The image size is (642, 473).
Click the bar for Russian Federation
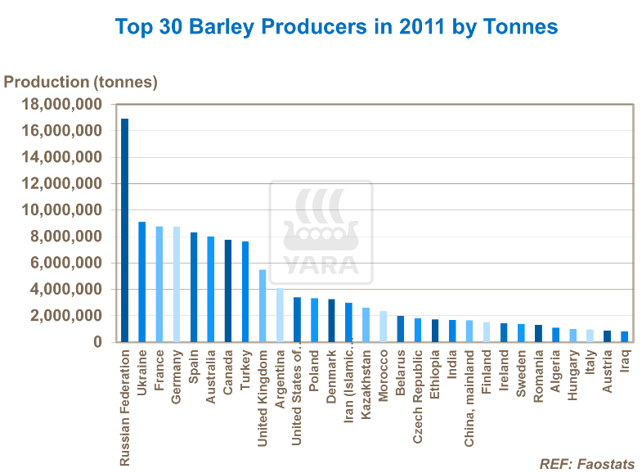[124, 230]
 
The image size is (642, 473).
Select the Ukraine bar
[141, 282]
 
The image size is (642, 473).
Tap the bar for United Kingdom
[263, 305]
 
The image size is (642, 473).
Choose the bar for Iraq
[625, 336]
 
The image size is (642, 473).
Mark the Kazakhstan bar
[366, 325]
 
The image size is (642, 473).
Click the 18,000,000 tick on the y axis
[62, 105]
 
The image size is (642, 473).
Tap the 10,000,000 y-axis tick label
[62, 210]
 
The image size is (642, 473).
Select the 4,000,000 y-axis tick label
[66, 290]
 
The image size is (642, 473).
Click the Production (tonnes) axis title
[81, 82]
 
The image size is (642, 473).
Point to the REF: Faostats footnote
[586, 464]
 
